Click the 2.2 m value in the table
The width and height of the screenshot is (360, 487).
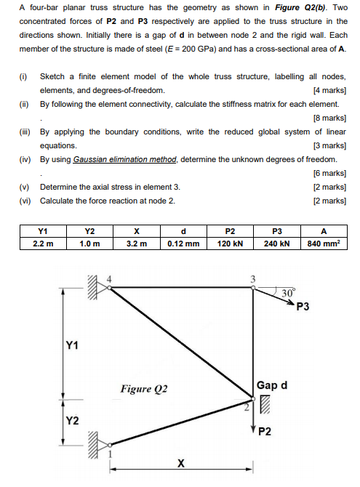44,243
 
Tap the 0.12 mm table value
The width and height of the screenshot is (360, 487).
183,243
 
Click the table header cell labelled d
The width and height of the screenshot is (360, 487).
183,231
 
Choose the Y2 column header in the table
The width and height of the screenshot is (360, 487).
90,231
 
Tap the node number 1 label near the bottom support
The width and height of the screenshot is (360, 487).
111,454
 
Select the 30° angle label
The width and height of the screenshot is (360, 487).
288,293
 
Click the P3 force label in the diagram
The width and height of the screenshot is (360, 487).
303,307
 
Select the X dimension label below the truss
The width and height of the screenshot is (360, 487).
180,463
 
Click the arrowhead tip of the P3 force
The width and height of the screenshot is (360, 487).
295,299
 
